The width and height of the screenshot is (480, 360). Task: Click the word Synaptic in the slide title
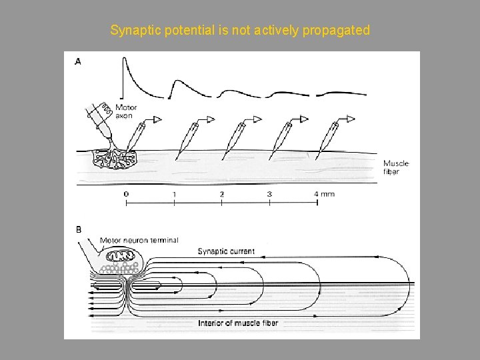click(131, 31)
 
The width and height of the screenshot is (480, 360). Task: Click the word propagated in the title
click(337, 31)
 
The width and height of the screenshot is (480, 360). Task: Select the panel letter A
click(79, 61)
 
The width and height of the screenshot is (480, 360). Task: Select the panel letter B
click(79, 229)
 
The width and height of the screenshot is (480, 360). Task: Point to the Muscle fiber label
click(396, 167)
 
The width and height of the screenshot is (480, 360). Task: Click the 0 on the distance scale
click(126, 194)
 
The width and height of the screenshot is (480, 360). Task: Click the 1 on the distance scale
click(174, 194)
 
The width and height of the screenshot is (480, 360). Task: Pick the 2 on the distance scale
click(221, 194)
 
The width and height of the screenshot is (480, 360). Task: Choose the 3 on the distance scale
click(269, 194)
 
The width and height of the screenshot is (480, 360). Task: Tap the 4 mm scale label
click(325, 194)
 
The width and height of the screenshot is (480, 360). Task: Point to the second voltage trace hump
click(177, 82)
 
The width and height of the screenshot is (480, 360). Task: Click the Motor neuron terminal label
click(139, 240)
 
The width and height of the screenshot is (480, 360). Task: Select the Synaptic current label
click(226, 251)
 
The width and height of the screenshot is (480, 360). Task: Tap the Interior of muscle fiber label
click(238, 323)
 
